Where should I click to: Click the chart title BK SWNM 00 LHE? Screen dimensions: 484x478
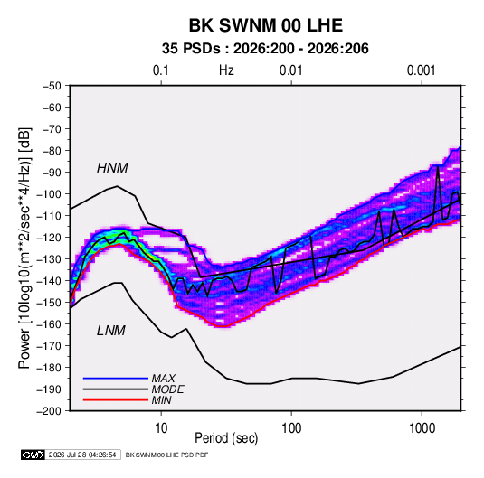[x=265, y=25]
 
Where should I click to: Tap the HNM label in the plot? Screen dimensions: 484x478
[x=112, y=168]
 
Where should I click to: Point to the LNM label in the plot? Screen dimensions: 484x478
[x=111, y=331]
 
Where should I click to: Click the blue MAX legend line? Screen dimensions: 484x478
[x=116, y=379]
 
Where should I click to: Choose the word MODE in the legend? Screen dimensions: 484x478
[x=168, y=389]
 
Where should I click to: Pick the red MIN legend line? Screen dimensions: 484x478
[x=116, y=400]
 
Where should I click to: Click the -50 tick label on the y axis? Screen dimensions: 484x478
[x=52, y=86]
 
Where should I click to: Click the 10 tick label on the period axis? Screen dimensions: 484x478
[x=161, y=428]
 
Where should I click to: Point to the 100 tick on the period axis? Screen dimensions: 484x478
[x=291, y=428]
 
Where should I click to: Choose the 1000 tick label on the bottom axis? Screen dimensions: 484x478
[x=422, y=428]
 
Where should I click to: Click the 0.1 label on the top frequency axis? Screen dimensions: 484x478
[x=161, y=70]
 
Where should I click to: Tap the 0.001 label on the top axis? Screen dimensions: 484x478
[x=421, y=70]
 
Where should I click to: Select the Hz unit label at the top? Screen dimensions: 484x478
[x=226, y=70]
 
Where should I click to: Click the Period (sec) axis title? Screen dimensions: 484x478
[x=226, y=438]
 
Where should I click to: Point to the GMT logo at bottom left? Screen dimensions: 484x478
[x=33, y=455]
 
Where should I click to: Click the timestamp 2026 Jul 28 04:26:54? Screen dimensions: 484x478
[x=82, y=455]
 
